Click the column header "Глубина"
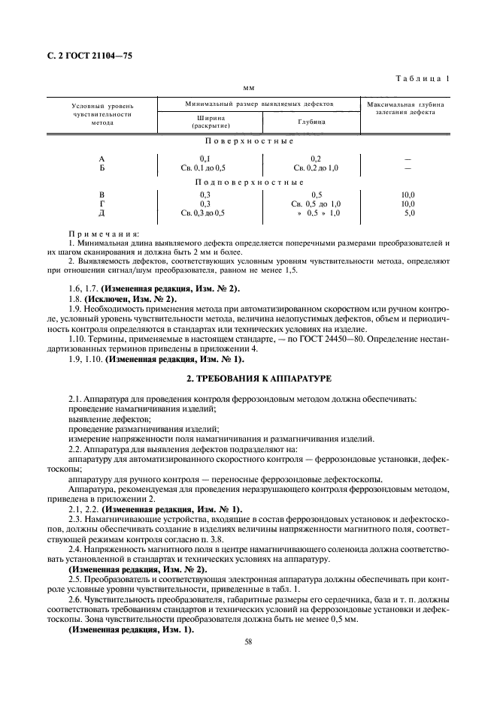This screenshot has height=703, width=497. point(311,121)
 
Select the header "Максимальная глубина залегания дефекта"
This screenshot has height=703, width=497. point(406,108)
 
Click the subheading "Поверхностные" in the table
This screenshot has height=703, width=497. point(249,141)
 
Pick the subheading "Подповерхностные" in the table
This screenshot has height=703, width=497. point(249,182)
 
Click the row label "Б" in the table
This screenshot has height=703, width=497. point(102,167)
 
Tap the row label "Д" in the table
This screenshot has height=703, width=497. point(102,213)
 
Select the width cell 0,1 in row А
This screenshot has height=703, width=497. point(205,158)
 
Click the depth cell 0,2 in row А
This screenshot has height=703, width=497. point(316,158)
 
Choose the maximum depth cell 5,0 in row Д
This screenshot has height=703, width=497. point(409,213)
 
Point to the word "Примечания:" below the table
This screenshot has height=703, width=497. point(98,234)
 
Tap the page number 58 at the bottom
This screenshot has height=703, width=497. point(248,641)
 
